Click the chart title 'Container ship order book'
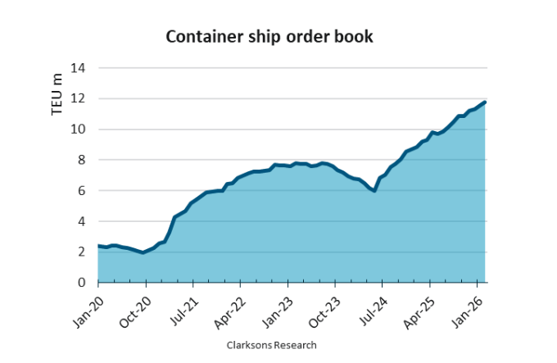[269, 37]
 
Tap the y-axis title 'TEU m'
[57, 94]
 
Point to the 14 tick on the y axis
[80, 68]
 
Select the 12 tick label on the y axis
[80, 99]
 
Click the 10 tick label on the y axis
[80, 129]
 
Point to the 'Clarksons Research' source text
[271, 345]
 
